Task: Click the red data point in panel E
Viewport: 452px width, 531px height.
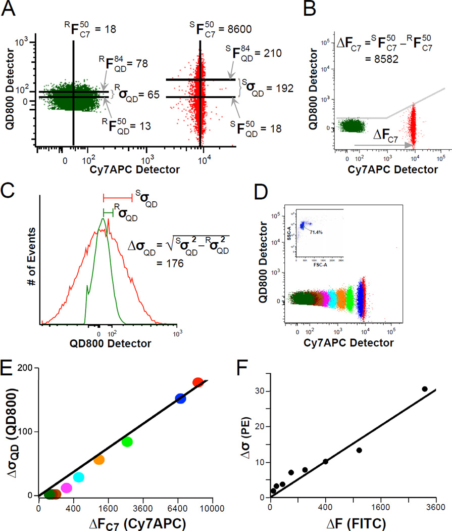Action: tap(198, 383)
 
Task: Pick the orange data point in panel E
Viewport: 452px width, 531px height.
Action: tap(99, 460)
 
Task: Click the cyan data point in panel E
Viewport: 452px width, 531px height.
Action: tap(79, 477)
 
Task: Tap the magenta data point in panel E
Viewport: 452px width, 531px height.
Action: tap(66, 488)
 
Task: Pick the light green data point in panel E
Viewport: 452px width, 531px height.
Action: tap(127, 441)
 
